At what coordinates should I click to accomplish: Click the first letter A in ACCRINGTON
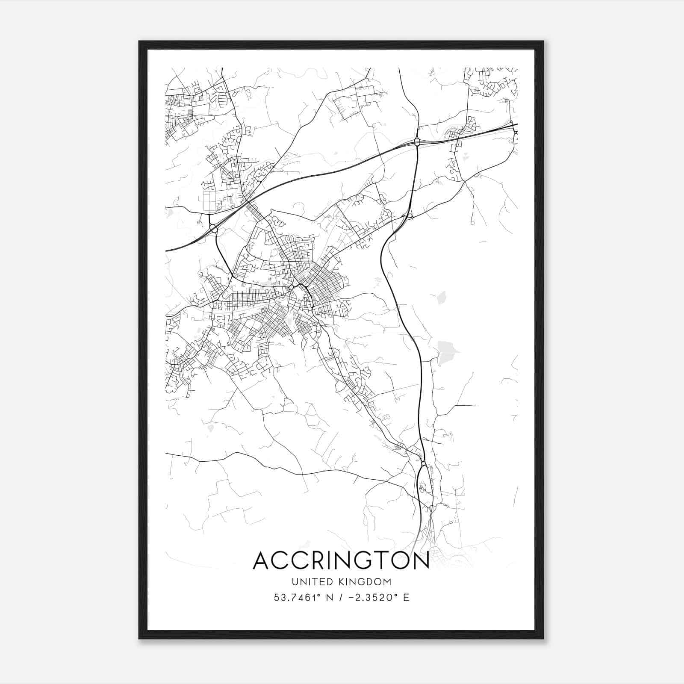coord(262,560)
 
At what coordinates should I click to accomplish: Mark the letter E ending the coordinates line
coord(406,598)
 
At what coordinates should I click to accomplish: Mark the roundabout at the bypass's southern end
coord(423,463)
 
